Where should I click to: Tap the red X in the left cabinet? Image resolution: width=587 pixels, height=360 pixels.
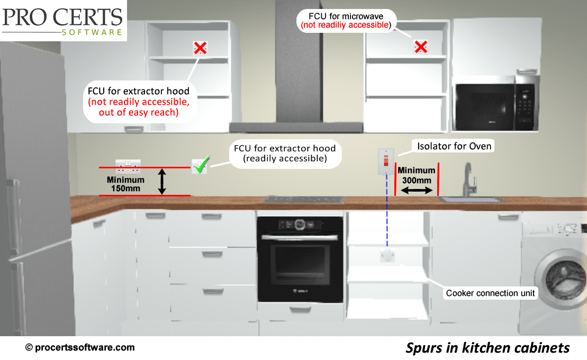click(x=200, y=48)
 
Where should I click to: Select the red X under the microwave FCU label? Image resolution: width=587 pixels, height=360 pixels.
click(x=421, y=47)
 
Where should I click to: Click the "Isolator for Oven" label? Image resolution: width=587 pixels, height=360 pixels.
click(x=454, y=146)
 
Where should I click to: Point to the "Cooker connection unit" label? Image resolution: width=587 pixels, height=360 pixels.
click(x=490, y=293)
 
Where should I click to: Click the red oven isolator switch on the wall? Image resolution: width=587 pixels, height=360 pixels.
click(x=386, y=161)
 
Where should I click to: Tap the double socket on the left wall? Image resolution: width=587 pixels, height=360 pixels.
click(x=129, y=167)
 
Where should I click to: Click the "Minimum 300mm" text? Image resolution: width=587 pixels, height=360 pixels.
click(x=417, y=175)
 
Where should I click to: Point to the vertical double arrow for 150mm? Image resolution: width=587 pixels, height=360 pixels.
click(x=163, y=182)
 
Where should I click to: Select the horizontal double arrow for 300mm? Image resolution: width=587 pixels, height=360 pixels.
click(x=416, y=190)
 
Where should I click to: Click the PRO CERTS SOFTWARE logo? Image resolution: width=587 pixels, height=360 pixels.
click(x=62, y=21)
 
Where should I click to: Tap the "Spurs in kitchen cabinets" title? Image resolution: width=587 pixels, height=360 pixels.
click(x=487, y=347)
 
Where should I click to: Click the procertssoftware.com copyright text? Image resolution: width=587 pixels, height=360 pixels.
click(x=80, y=347)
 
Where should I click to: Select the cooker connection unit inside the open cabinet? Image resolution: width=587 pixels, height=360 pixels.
click(x=387, y=256)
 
